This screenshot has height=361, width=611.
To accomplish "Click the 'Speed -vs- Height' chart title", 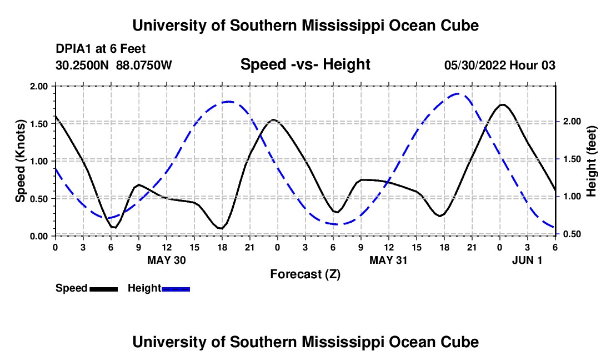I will pos(305,64).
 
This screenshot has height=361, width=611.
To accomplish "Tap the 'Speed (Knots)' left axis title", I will pos(20,161).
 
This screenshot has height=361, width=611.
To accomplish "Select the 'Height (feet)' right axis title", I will pos(591,161).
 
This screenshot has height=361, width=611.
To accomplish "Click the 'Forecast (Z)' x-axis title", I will pos(305,274).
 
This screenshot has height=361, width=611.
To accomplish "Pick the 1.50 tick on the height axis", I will pos(570,159).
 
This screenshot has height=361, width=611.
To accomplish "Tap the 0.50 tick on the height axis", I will pos(570,234).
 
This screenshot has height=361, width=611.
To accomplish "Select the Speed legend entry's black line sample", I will pos(103,288).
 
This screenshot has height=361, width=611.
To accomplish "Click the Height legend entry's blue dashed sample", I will pos(176,288).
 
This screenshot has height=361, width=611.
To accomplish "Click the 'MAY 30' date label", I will pos(167,260).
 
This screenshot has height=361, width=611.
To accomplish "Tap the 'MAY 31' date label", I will pos(389,260).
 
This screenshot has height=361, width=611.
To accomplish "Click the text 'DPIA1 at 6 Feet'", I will pos(101,49).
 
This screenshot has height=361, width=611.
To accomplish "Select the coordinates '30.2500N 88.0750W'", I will pos(114,65).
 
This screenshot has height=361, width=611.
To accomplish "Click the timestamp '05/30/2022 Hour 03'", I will pos(500,65).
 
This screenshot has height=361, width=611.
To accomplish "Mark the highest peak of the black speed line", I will pos(502,104).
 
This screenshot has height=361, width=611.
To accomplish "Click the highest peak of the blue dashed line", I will pos(457,93).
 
